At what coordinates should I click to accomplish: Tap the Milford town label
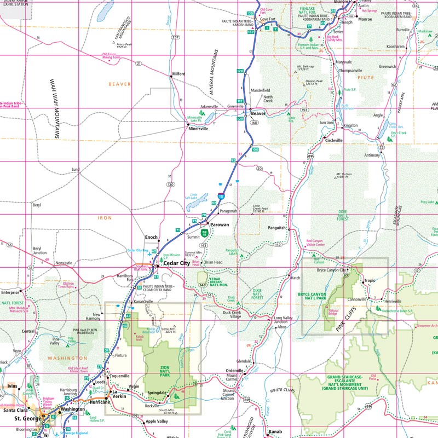179,74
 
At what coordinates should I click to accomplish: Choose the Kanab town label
275,432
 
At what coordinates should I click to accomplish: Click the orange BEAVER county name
119,84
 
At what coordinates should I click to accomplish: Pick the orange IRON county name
105,218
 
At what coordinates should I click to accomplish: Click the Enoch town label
151,238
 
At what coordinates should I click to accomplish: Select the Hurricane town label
100,402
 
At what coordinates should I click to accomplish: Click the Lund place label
76,170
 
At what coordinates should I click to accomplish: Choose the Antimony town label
372,155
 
